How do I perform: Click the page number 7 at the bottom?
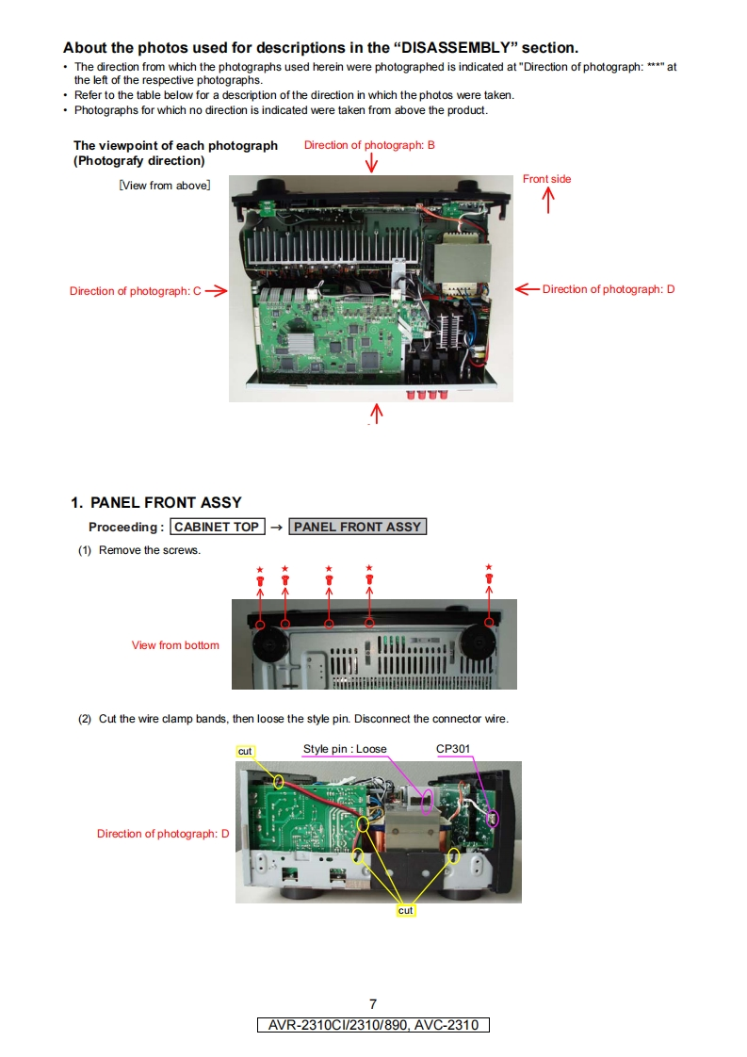(373, 1004)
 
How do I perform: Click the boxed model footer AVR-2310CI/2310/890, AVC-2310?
(373, 1025)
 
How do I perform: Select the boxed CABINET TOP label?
(217, 527)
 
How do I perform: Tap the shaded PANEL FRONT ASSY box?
(357, 527)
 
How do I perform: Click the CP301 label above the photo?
(453, 749)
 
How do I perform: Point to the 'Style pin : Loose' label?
(345, 749)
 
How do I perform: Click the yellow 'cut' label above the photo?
(245, 751)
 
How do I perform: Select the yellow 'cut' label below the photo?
(406, 911)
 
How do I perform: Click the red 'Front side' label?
(546, 179)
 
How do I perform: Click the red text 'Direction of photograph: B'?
(369, 145)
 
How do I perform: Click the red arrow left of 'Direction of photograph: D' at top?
(527, 289)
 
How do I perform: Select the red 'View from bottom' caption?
(175, 645)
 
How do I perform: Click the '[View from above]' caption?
(164, 186)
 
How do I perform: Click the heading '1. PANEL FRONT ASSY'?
(156, 503)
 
